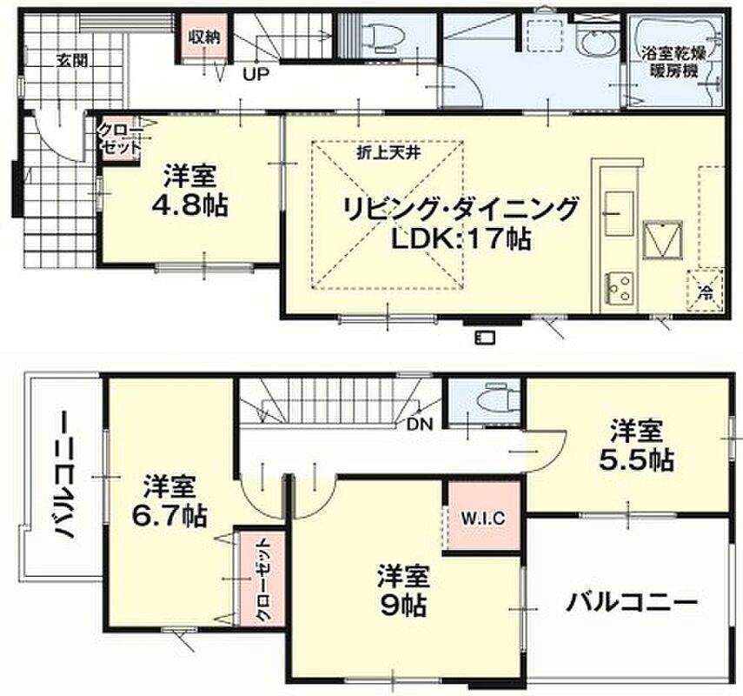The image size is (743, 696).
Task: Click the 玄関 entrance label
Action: pyautogui.click(x=72, y=60)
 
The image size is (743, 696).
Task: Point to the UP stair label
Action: pyautogui.click(x=255, y=74)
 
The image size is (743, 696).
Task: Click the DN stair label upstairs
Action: pyautogui.click(x=421, y=424)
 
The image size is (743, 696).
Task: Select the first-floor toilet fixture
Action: pyautogui.click(x=381, y=34)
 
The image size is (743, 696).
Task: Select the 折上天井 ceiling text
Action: pyautogui.click(x=388, y=153)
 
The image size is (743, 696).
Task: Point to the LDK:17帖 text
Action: pyautogui.click(x=460, y=238)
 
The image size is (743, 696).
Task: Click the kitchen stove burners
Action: pyautogui.click(x=619, y=286)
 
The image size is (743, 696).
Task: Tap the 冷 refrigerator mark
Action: pyautogui.click(x=706, y=291)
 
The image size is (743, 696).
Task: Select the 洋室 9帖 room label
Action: pyautogui.click(x=404, y=590)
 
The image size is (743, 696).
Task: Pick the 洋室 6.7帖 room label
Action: pyautogui.click(x=169, y=501)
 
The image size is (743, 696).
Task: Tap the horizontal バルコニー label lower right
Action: pyautogui.click(x=633, y=603)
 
